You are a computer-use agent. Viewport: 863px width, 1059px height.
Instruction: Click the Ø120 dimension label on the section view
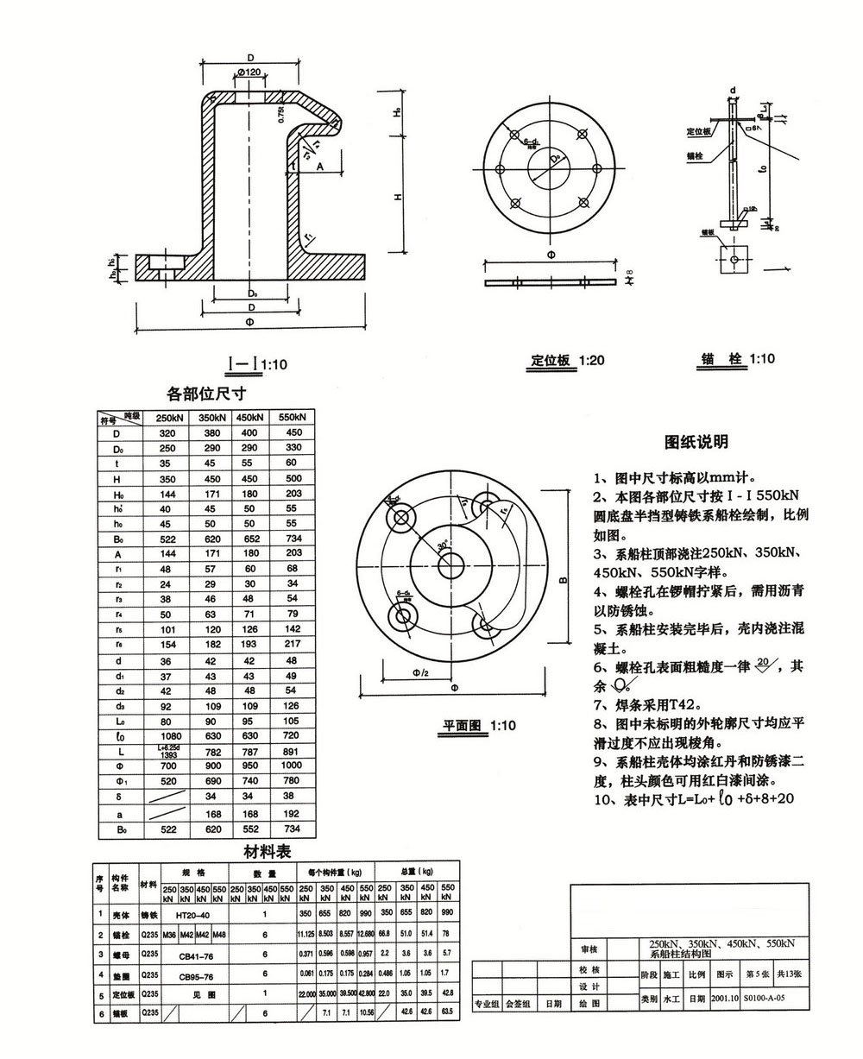(x=248, y=72)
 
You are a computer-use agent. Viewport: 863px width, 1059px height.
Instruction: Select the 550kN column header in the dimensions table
(x=293, y=418)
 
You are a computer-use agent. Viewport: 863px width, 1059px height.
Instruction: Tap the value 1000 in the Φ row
(x=293, y=766)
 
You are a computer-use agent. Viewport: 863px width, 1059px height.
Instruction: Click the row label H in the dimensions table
(x=117, y=478)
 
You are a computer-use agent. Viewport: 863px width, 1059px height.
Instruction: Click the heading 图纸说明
(x=696, y=442)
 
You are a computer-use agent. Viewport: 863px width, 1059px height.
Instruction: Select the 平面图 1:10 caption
(x=479, y=726)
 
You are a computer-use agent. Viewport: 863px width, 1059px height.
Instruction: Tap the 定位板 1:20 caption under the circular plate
(x=566, y=360)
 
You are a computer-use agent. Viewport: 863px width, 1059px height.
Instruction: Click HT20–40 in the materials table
(x=192, y=913)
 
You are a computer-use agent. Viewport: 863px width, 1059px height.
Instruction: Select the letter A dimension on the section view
(x=319, y=166)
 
